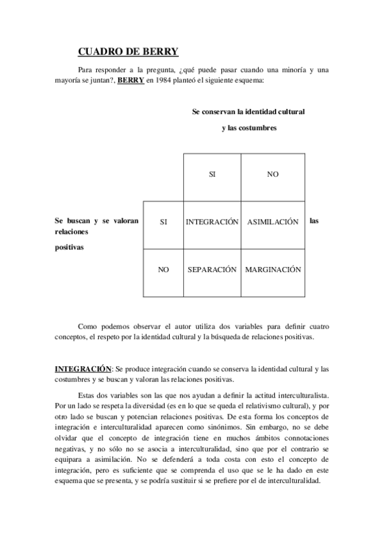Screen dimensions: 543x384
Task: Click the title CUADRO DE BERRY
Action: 128,52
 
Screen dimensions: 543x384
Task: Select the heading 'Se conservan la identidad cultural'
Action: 248,111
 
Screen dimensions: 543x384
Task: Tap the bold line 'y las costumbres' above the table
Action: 249,128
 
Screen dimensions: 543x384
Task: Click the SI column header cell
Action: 212,174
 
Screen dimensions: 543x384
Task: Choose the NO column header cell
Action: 273,174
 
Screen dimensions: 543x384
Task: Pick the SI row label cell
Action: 163,222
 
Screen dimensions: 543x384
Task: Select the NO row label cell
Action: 163,270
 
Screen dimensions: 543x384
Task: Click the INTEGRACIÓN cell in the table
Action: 212,222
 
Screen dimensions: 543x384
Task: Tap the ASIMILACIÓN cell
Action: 273,222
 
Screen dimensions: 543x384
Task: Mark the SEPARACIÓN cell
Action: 212,270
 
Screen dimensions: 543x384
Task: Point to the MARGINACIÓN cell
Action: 273,270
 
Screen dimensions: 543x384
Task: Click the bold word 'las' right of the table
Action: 314,221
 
